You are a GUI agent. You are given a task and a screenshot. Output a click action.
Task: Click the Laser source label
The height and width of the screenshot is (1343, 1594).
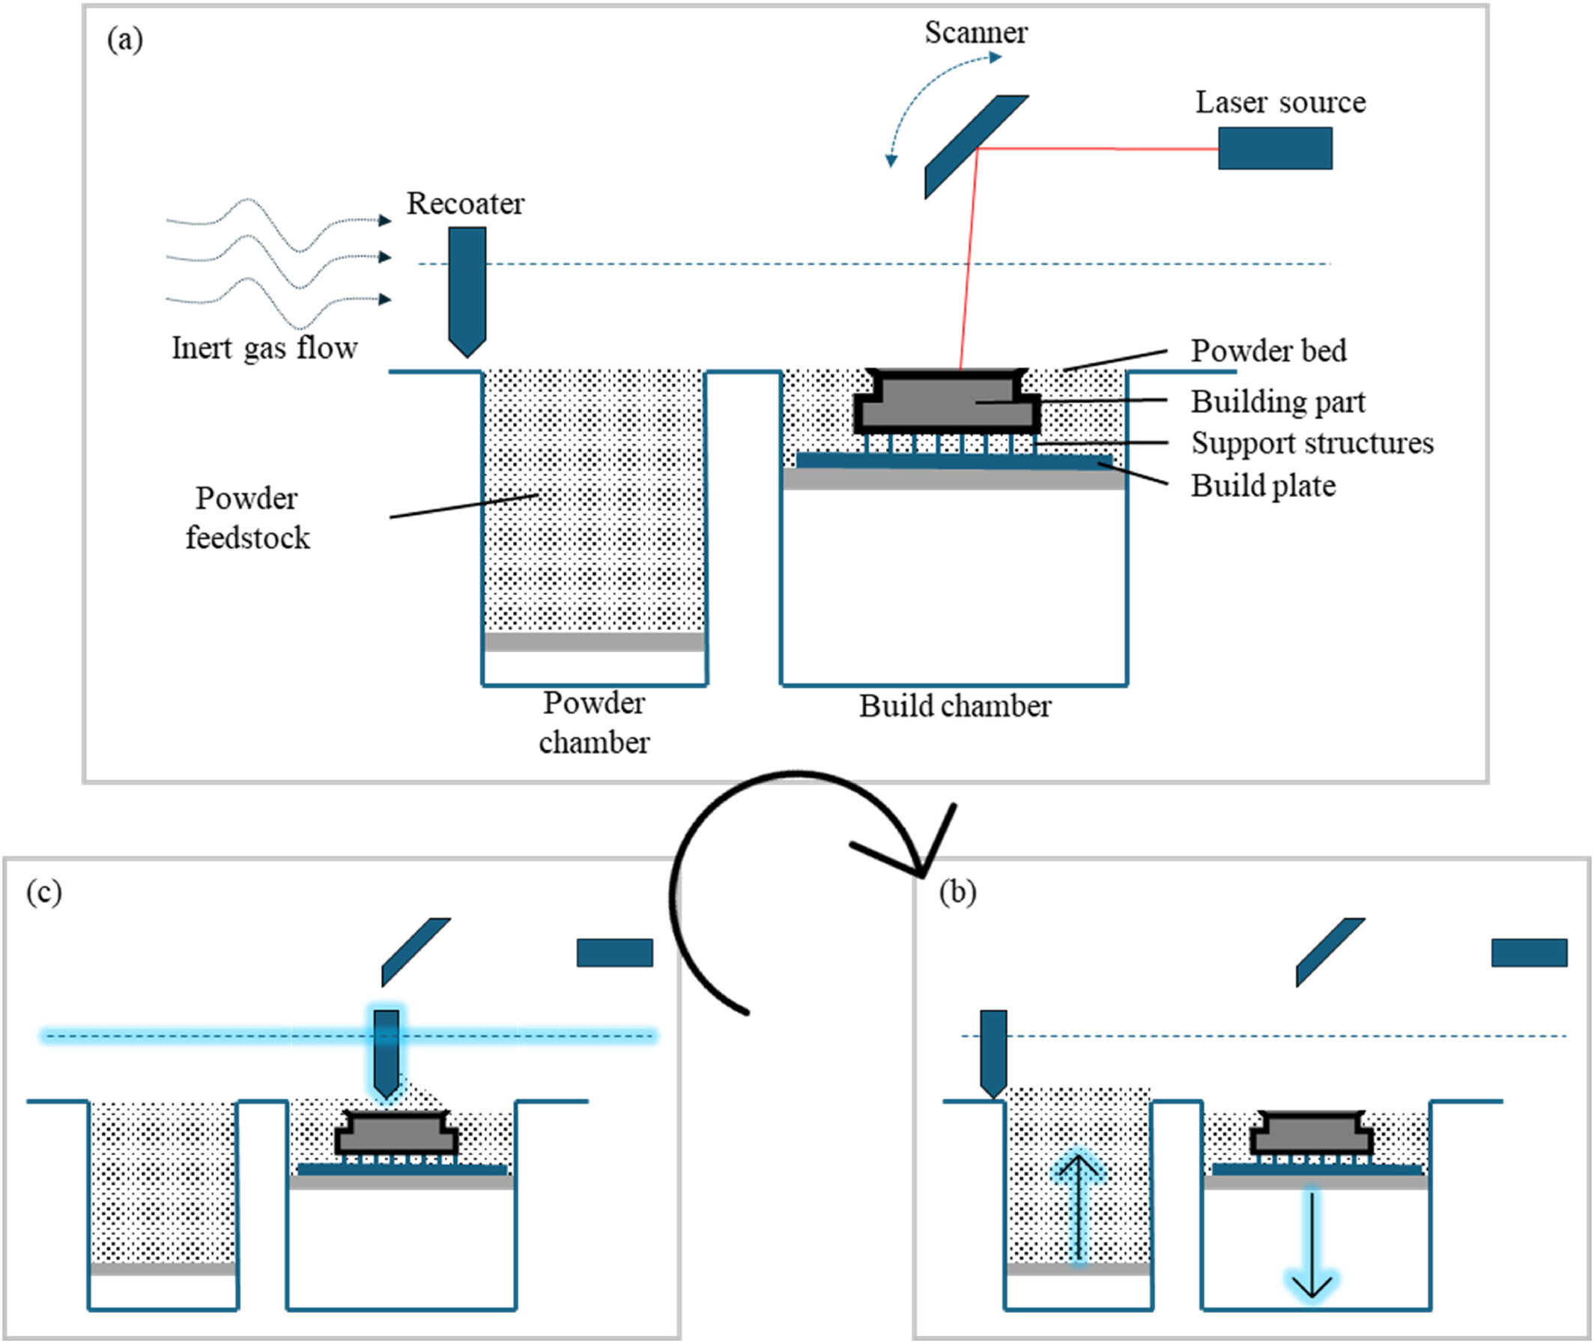pyautogui.click(x=1280, y=102)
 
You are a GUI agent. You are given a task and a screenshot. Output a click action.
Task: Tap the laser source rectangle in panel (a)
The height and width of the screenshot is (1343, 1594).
pyautogui.click(x=1275, y=147)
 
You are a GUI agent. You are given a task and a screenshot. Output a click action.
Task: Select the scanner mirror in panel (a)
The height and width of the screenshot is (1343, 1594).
pyautogui.click(x=976, y=147)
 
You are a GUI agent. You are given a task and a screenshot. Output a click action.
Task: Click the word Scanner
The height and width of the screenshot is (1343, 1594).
pyautogui.click(x=975, y=33)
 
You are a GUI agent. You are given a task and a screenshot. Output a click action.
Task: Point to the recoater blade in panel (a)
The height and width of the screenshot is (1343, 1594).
pyautogui.click(x=467, y=293)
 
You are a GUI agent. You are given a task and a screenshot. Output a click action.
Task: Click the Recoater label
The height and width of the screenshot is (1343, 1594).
pyautogui.click(x=465, y=204)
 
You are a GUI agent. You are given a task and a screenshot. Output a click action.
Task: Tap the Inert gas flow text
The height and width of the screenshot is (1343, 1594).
pyautogui.click(x=264, y=348)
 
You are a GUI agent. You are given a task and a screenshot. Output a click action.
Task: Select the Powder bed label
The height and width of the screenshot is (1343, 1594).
pyautogui.click(x=1268, y=351)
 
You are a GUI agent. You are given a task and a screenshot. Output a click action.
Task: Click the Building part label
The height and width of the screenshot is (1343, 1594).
pyautogui.click(x=1278, y=402)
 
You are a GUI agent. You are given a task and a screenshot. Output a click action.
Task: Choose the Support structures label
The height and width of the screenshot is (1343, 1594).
pyautogui.click(x=1312, y=443)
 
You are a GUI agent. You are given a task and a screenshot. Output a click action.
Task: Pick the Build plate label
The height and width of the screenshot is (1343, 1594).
pyautogui.click(x=1264, y=486)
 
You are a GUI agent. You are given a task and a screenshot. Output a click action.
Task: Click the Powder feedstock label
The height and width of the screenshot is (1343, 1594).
pyautogui.click(x=247, y=518)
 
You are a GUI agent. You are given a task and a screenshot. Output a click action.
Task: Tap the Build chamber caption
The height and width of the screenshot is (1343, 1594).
pyautogui.click(x=955, y=707)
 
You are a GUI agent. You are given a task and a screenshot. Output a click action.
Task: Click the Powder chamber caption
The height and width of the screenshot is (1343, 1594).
pyautogui.click(x=594, y=722)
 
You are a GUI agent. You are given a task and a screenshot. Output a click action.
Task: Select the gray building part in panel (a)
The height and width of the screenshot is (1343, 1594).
pyautogui.click(x=947, y=401)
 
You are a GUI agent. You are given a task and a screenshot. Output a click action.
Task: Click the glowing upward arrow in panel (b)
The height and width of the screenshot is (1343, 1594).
pyautogui.click(x=1078, y=1208)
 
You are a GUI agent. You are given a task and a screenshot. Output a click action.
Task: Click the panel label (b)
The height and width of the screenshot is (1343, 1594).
pyautogui.click(x=957, y=892)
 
